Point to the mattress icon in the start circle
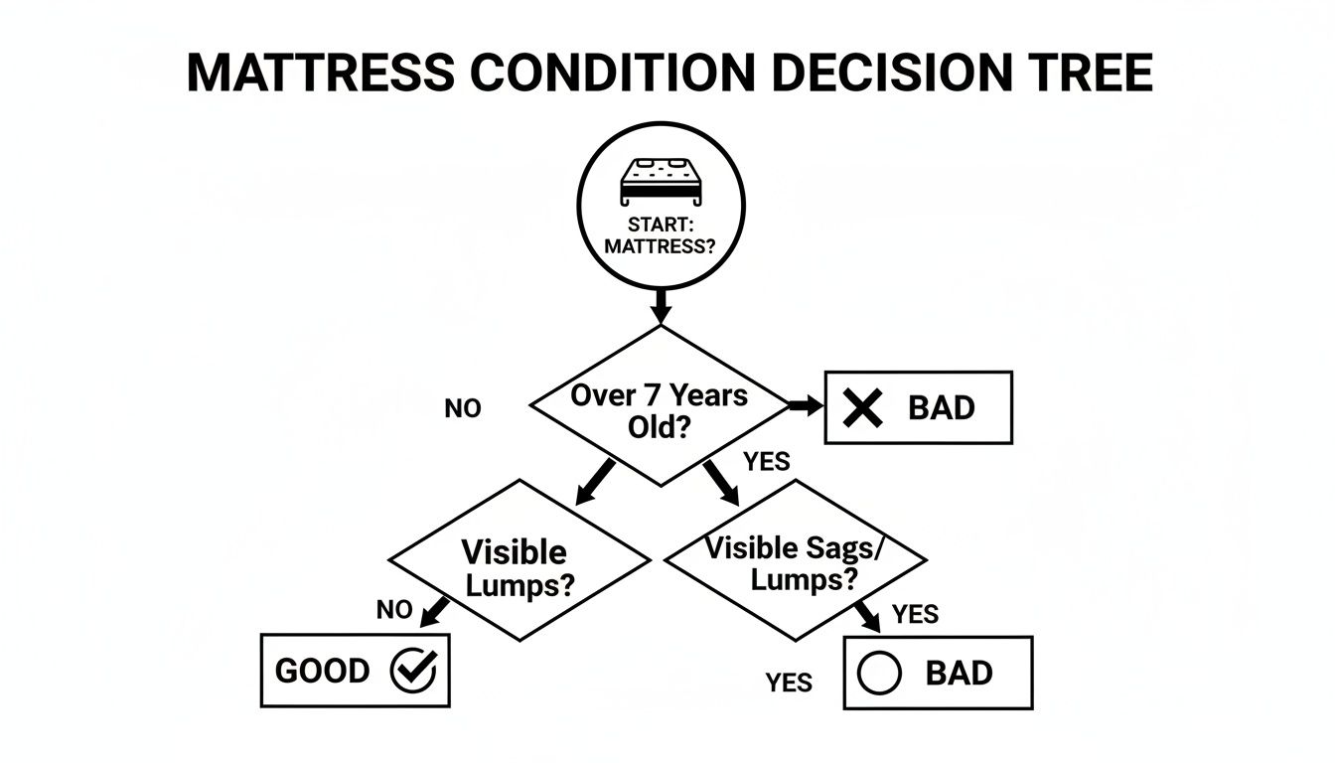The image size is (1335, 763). pos(660,179)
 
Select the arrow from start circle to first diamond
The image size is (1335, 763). pos(660,303)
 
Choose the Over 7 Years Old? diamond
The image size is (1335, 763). pos(660,407)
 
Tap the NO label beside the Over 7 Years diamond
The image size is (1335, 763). pos(463,408)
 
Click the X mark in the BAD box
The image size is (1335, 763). pos(861,408)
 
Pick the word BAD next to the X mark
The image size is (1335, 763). pos(942,408)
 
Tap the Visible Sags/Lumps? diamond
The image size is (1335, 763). pos(795,561)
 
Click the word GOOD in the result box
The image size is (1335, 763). pos(322,672)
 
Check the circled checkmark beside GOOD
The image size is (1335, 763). pos(412,672)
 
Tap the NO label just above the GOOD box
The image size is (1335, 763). pos(394,610)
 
